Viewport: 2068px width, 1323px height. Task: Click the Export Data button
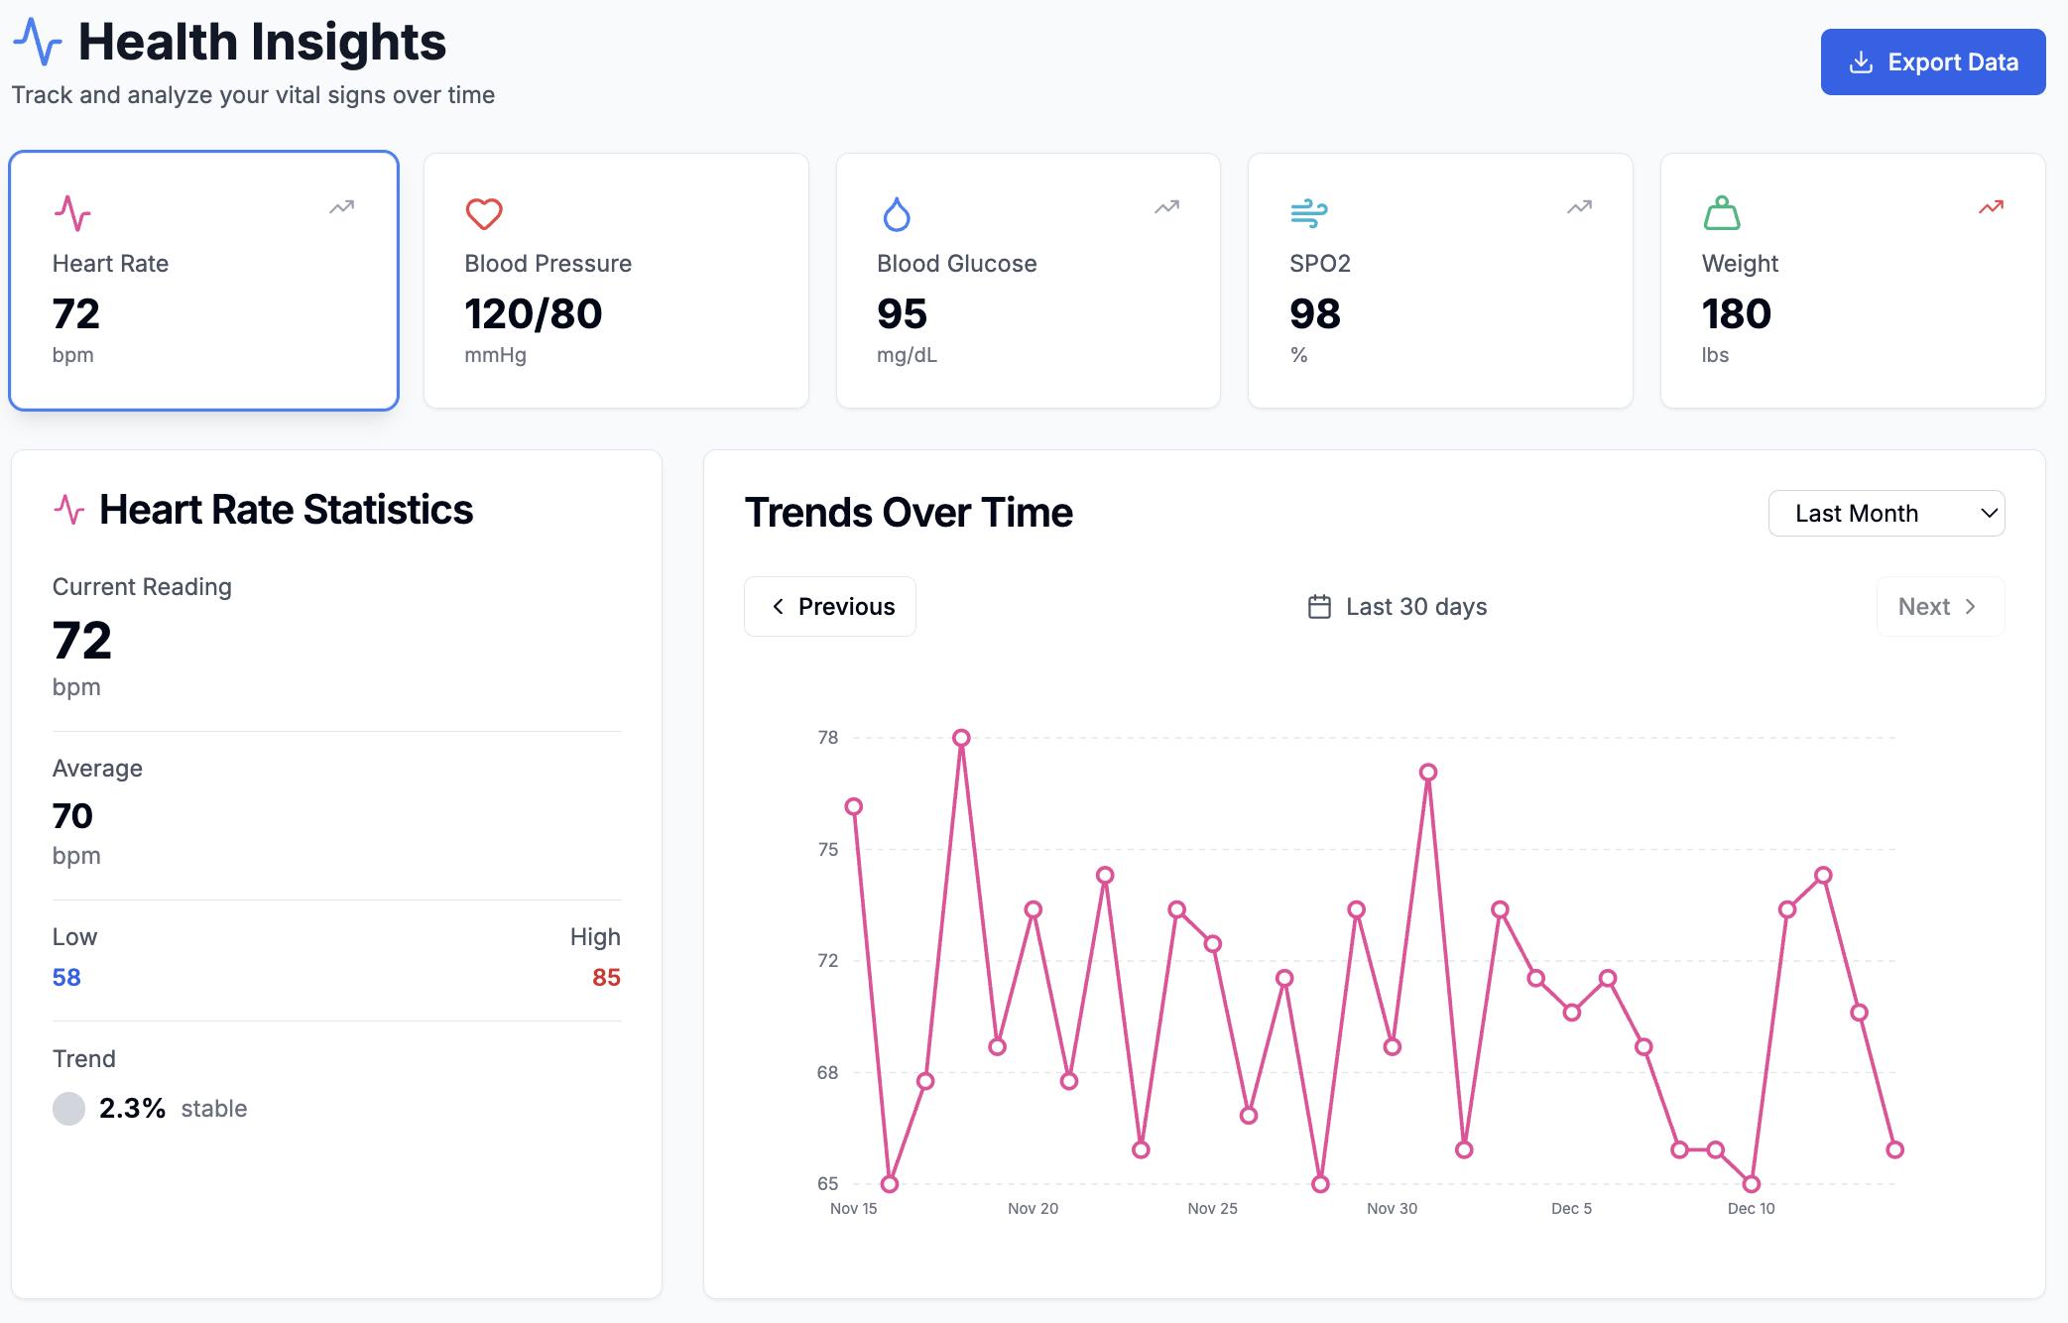(1932, 62)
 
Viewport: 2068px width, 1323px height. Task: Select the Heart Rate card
(204, 281)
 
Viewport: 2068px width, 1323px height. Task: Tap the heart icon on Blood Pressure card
(484, 213)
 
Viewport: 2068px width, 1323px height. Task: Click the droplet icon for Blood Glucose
(897, 213)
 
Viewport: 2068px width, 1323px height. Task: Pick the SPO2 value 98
(1315, 314)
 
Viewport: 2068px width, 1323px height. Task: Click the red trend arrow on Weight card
(1991, 207)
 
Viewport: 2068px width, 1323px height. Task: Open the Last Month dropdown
(1886, 514)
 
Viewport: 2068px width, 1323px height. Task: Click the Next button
(1939, 607)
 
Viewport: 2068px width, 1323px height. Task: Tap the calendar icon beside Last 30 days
(1319, 607)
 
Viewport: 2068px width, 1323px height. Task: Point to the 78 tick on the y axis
(828, 738)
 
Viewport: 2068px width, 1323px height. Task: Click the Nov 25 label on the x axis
(1212, 1208)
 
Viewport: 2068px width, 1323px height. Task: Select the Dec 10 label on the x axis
(1751, 1208)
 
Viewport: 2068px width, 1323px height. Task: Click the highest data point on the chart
(961, 738)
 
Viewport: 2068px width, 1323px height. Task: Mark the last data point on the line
(1894, 1150)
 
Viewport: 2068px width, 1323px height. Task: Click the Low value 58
(66, 978)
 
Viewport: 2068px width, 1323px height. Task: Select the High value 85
(606, 978)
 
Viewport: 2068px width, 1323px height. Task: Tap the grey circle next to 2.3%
(68, 1109)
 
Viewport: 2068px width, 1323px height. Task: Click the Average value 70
(72, 816)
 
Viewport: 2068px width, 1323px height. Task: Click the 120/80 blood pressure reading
(534, 314)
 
